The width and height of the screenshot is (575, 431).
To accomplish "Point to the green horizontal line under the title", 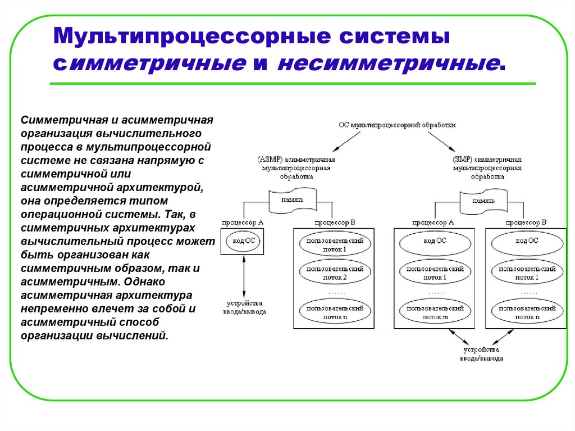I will tap(292, 84).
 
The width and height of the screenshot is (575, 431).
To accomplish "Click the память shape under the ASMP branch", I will tap(292, 200).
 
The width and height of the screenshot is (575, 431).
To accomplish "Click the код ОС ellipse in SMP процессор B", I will tap(526, 241).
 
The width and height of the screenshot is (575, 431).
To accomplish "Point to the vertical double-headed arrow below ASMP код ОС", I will tap(243, 275).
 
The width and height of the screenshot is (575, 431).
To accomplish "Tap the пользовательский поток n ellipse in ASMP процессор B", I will tap(331, 312).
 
